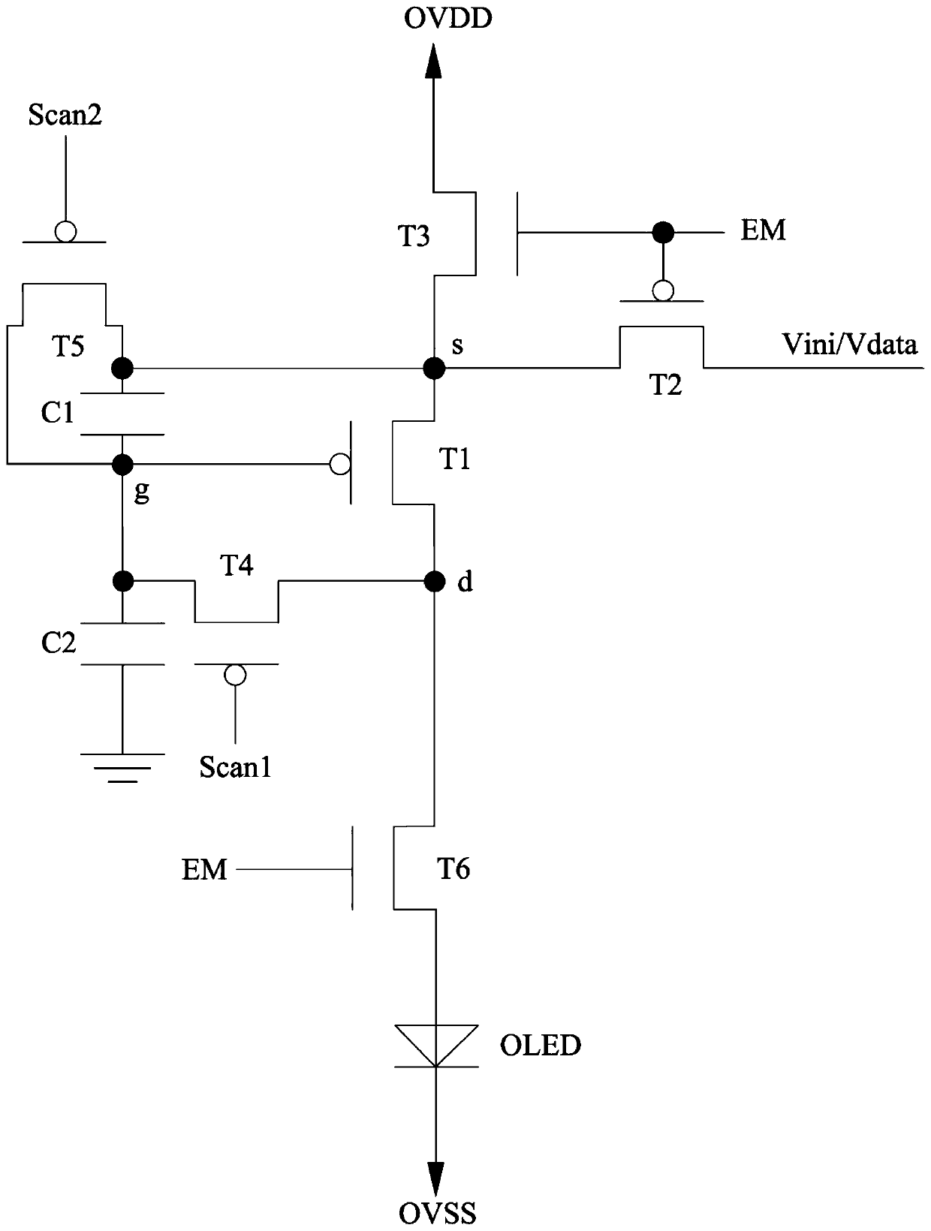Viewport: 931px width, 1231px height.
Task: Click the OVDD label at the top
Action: [x=447, y=19]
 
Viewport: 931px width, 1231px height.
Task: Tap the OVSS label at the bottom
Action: [x=438, y=1213]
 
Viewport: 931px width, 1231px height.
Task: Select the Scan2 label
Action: [x=65, y=115]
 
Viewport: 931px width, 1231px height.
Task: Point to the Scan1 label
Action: [x=236, y=766]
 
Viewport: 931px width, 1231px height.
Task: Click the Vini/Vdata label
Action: [x=850, y=344]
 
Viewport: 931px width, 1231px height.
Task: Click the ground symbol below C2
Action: [x=122, y=768]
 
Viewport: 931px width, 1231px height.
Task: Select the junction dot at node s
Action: [x=434, y=369]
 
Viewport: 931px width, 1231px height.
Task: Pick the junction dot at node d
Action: [x=434, y=582]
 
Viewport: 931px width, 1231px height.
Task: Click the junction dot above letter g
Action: [x=122, y=465]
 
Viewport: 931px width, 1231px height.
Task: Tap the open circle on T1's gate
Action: [x=340, y=465]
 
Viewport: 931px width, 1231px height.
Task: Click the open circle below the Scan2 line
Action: [x=65, y=231]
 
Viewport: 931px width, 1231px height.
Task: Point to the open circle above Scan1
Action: [x=235, y=675]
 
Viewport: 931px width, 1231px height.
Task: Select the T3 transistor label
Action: [x=414, y=236]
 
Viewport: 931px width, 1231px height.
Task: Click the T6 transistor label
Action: [x=453, y=868]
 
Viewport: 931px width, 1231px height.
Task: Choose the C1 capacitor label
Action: [x=57, y=413]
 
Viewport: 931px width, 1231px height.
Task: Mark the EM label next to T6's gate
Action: [x=204, y=870]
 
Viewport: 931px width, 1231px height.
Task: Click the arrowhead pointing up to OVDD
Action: [x=433, y=61]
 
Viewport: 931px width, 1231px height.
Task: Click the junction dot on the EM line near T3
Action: [x=663, y=232]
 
